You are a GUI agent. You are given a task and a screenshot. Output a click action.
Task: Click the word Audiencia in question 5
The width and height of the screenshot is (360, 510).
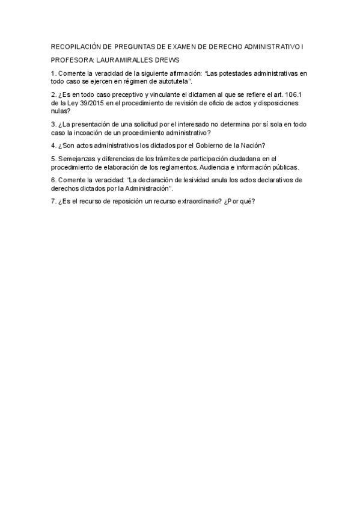[x=215, y=167]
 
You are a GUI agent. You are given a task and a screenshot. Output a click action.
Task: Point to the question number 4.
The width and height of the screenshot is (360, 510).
[x=53, y=146]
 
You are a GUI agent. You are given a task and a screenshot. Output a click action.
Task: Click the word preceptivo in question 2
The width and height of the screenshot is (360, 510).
[x=116, y=94]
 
